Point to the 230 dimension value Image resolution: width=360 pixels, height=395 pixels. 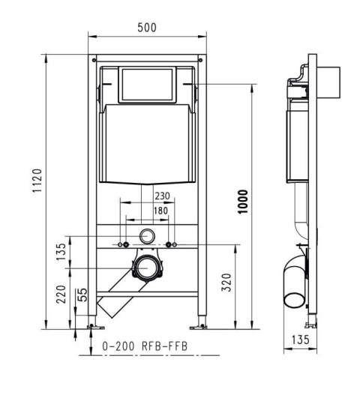click(161, 196)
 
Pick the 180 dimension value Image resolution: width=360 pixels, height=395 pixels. click(160, 211)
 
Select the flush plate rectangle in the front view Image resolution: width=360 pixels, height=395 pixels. click(147, 85)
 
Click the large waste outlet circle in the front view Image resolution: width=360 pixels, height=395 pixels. click(147, 268)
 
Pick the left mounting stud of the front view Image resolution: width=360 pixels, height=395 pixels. click(124, 245)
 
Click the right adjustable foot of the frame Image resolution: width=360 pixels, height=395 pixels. click(200, 325)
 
